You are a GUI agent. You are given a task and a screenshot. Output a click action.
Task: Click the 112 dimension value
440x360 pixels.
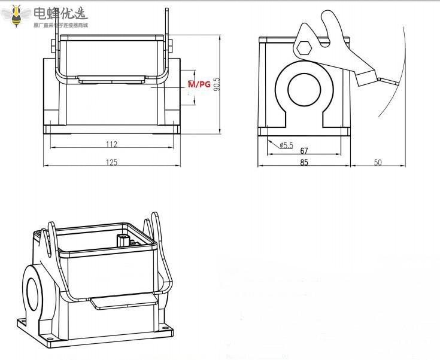tap(111, 144)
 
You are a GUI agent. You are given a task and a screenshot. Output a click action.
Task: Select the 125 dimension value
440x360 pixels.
tap(111, 162)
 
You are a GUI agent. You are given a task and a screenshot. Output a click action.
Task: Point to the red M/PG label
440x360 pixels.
tap(199, 85)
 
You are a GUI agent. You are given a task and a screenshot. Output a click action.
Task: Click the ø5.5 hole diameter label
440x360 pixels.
tap(286, 145)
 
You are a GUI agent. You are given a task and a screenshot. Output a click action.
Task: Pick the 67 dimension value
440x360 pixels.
tap(304, 151)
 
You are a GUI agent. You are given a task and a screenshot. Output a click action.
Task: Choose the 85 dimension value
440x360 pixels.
tap(304, 162)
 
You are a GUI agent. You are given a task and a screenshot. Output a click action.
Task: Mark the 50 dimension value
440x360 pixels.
tap(378, 162)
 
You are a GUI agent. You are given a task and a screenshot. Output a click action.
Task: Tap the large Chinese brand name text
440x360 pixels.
tap(60, 13)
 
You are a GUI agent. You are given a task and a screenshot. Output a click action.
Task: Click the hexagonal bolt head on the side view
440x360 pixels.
tap(304, 47)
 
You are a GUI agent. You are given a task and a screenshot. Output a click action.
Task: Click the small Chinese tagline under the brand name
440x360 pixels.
tap(60, 25)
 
